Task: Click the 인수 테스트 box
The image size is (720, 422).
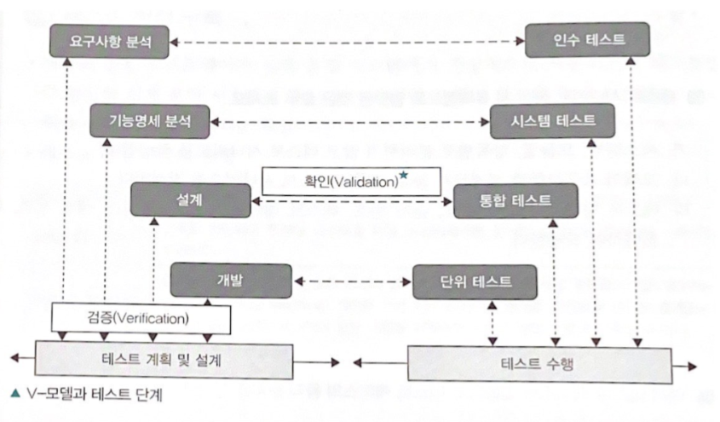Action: coord(587,41)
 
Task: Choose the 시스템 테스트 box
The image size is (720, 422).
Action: coord(554,122)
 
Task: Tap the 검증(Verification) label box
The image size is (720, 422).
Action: coord(142,319)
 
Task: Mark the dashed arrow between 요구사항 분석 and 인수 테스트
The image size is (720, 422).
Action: coord(348,41)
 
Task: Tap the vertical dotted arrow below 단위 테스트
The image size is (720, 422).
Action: coord(491,323)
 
